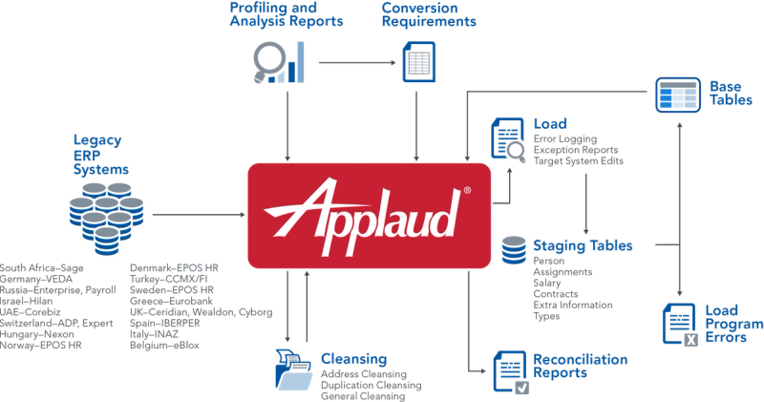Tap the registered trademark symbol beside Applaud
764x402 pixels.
pos(466,191)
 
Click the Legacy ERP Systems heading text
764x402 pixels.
pos(101,154)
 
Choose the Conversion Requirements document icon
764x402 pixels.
pos(416,64)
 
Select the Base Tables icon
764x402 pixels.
pos(677,95)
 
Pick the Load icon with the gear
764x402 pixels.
pos(506,138)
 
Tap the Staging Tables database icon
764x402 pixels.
pos(513,251)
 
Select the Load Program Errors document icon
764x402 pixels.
pos(681,323)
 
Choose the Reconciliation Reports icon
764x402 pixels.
pos(509,370)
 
